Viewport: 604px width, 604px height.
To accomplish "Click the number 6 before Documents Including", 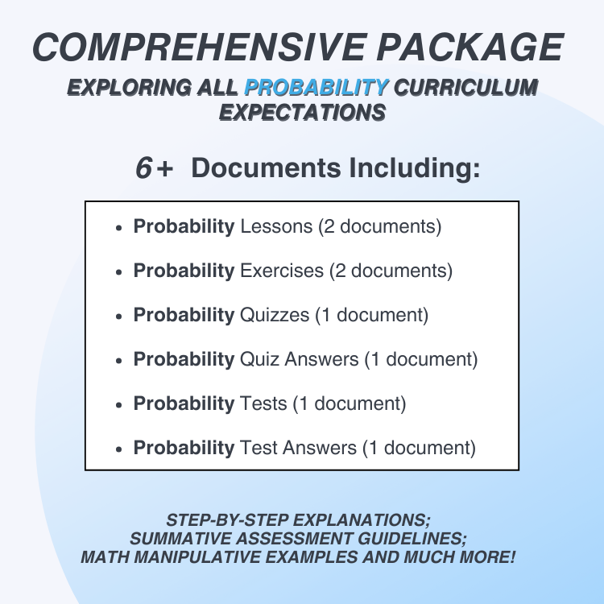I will click(144, 168).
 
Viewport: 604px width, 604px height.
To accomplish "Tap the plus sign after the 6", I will click(165, 168).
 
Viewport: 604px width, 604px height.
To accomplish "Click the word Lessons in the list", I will click(276, 227).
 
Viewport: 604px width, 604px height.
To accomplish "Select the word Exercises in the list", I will click(282, 271).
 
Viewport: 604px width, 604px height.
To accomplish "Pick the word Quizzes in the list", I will click(275, 315).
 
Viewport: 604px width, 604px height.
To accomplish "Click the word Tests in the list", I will click(263, 403).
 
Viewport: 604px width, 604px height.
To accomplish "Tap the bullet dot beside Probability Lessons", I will click(119, 228).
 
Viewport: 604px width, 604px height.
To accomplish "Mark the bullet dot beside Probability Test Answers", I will click(119, 448).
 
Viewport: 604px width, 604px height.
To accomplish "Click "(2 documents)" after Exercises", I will click(391, 271).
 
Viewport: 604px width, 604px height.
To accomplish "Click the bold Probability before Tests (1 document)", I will click(184, 403).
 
